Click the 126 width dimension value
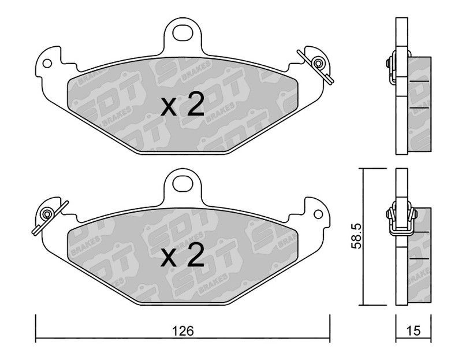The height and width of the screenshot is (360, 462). (183, 331)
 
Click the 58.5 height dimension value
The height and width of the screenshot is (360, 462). (356, 236)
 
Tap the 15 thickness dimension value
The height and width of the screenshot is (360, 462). (413, 331)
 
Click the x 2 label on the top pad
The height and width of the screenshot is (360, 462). (182, 104)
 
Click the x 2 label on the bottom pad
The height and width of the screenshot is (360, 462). (182, 255)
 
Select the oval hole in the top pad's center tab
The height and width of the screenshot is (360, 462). (182, 33)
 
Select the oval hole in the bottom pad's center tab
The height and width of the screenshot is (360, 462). (182, 184)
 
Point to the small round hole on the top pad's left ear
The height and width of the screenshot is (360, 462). (47, 64)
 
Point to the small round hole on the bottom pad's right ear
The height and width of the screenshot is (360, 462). (318, 214)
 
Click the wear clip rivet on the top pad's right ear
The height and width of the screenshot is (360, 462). (318, 64)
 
